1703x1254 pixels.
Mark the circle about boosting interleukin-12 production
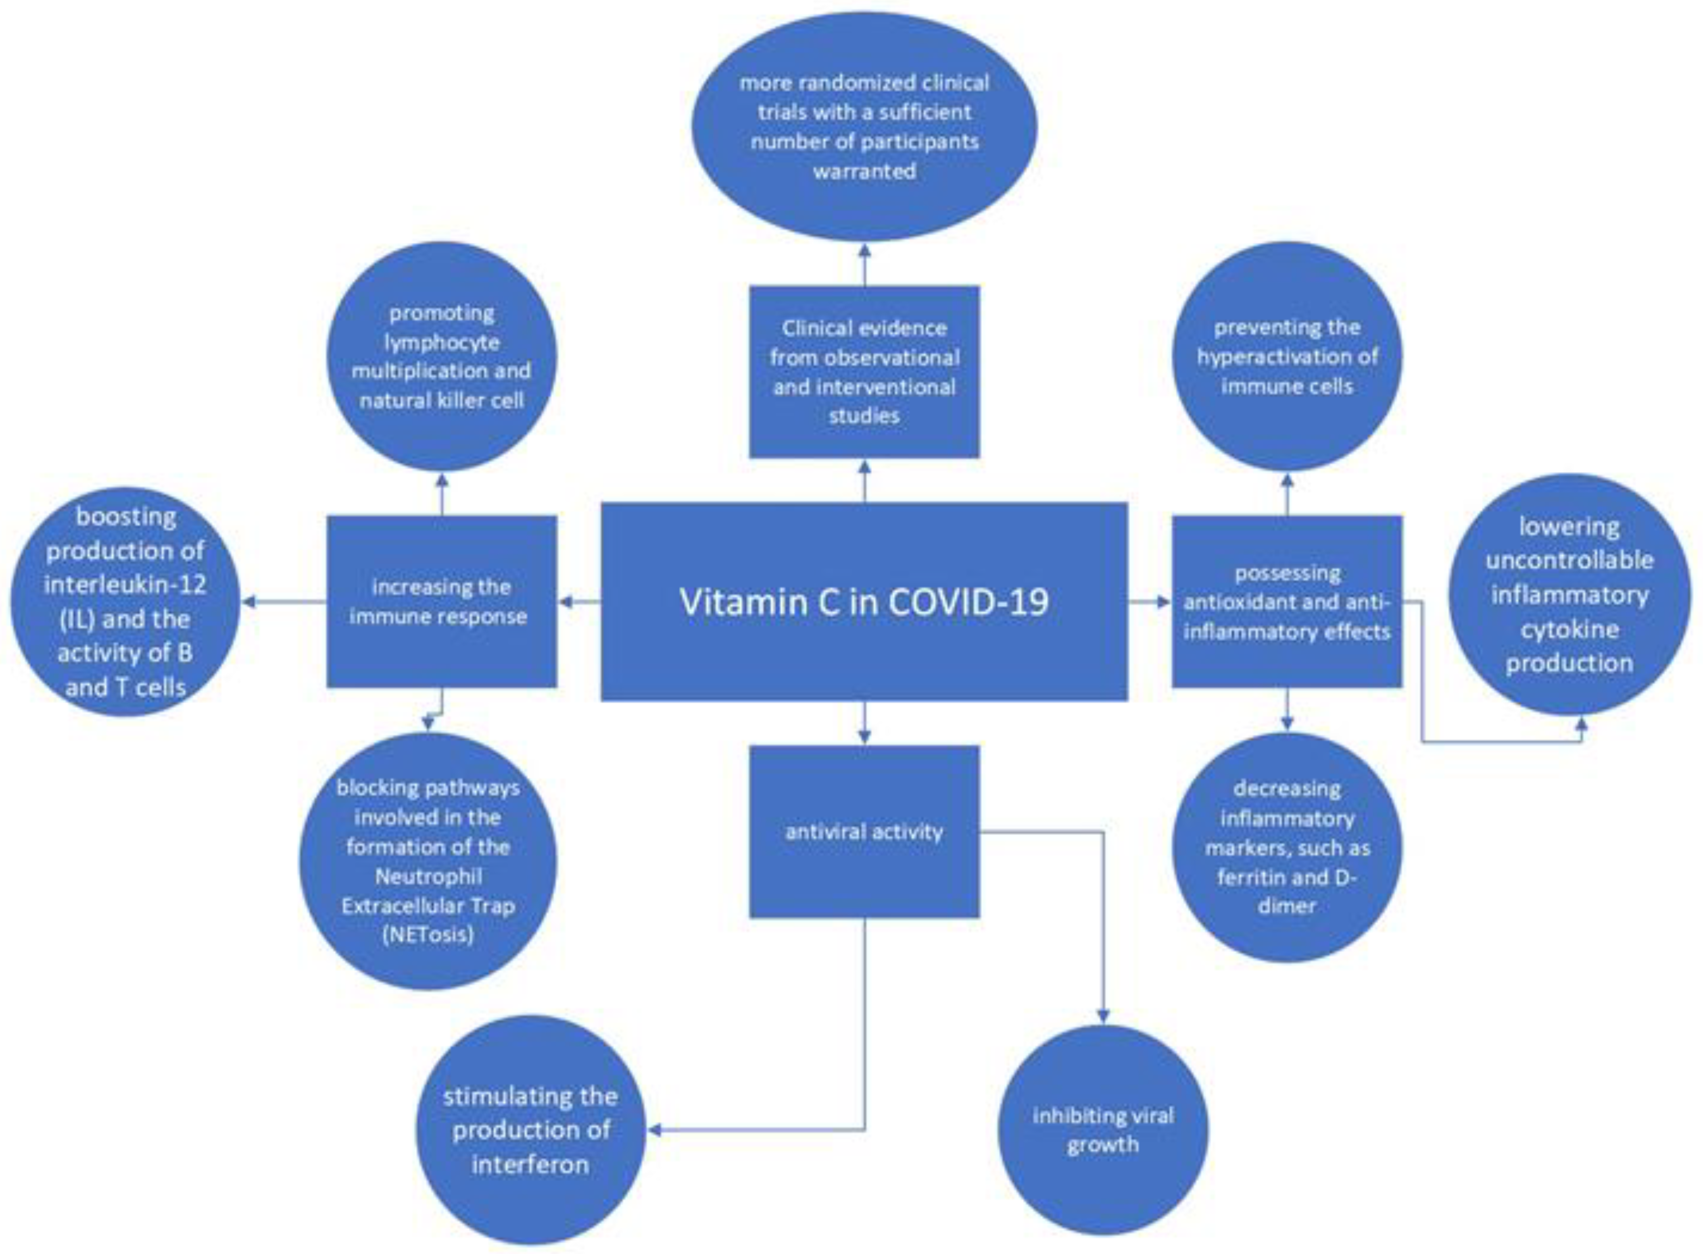(x=125, y=601)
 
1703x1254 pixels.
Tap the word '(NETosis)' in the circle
(x=428, y=934)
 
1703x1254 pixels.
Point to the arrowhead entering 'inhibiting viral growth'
(x=1102, y=1016)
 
